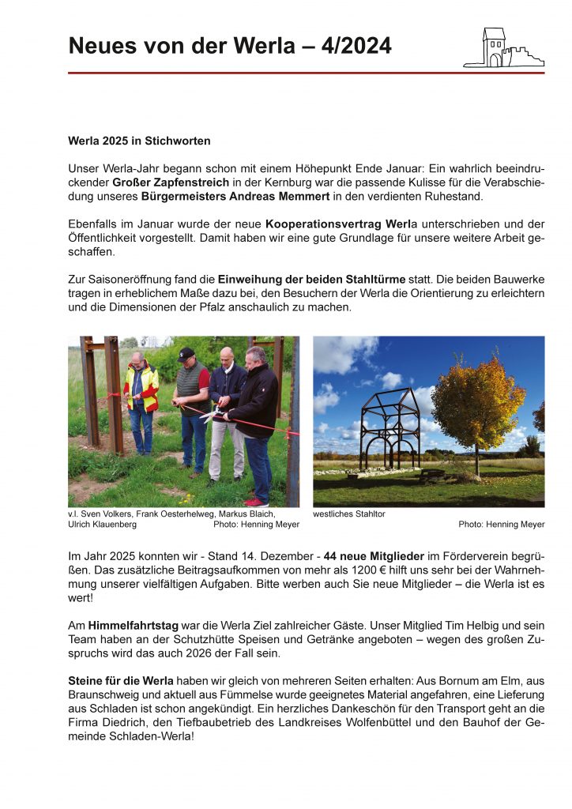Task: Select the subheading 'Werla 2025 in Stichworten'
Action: tap(139, 141)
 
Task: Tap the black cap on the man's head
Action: tap(186, 352)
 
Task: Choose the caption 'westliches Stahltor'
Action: tap(349, 514)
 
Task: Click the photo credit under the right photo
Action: tap(501, 525)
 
